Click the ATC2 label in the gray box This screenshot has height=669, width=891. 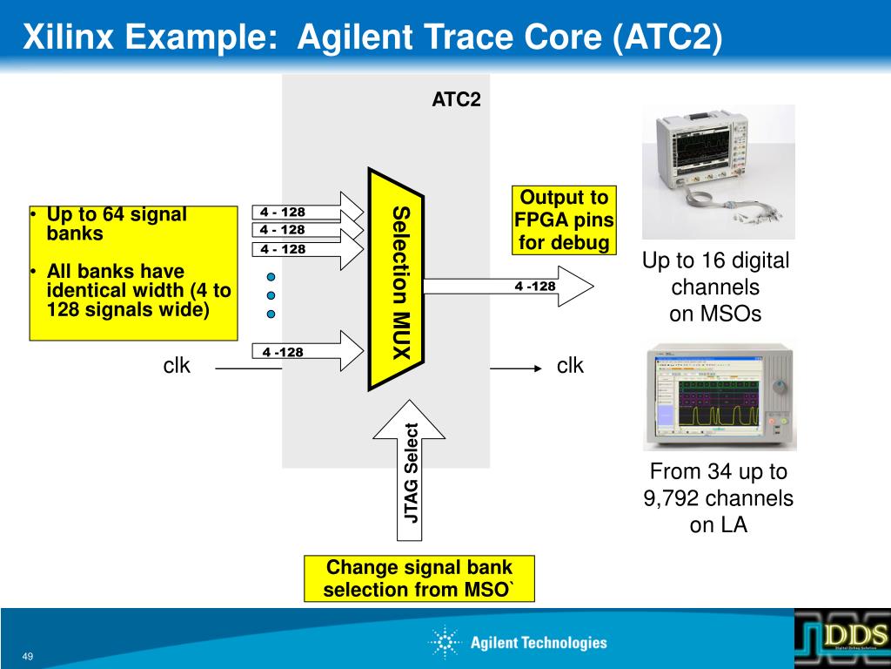tap(456, 99)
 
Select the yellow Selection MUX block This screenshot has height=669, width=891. tap(396, 279)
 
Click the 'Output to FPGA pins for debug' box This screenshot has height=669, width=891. tap(563, 220)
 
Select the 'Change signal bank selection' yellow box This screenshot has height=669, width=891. tap(419, 578)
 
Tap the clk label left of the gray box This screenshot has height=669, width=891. tap(177, 366)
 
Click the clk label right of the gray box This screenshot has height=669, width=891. tap(570, 366)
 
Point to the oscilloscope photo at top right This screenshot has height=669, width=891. tap(718, 172)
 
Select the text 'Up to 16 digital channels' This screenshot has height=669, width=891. tap(716, 274)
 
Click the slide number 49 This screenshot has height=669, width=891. tap(28, 656)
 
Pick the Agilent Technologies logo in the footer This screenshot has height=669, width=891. tap(518, 643)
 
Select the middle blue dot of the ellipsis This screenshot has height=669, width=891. tap(271, 295)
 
